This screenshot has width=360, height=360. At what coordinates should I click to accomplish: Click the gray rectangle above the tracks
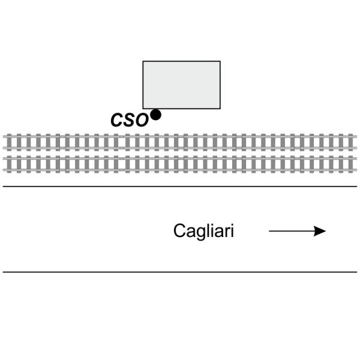181,85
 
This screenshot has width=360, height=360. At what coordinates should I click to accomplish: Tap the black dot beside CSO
155,115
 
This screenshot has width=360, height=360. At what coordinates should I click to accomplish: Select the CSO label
129,119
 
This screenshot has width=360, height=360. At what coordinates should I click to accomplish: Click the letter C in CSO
117,119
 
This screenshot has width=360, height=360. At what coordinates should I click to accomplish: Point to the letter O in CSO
141,119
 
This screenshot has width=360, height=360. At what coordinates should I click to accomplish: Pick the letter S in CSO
129,119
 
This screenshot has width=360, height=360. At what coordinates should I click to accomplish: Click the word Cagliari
203,232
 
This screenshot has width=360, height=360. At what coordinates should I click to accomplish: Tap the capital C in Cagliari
179,231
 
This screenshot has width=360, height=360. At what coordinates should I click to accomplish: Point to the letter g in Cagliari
197,233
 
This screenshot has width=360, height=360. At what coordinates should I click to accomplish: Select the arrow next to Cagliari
297,231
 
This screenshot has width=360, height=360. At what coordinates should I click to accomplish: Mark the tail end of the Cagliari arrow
270,231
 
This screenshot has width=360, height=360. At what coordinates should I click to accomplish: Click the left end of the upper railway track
5,142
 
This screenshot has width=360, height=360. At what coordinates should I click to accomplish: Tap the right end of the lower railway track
355,164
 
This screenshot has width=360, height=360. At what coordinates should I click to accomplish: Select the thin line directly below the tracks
180,187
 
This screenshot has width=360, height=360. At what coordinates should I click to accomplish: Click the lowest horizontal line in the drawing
180,272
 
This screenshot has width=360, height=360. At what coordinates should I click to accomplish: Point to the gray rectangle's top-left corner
143,61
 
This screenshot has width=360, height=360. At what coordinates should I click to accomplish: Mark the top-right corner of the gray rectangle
220,61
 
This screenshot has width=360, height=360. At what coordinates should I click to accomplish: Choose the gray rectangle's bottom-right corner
220,109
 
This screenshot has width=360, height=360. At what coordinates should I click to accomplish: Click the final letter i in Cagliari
232,231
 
